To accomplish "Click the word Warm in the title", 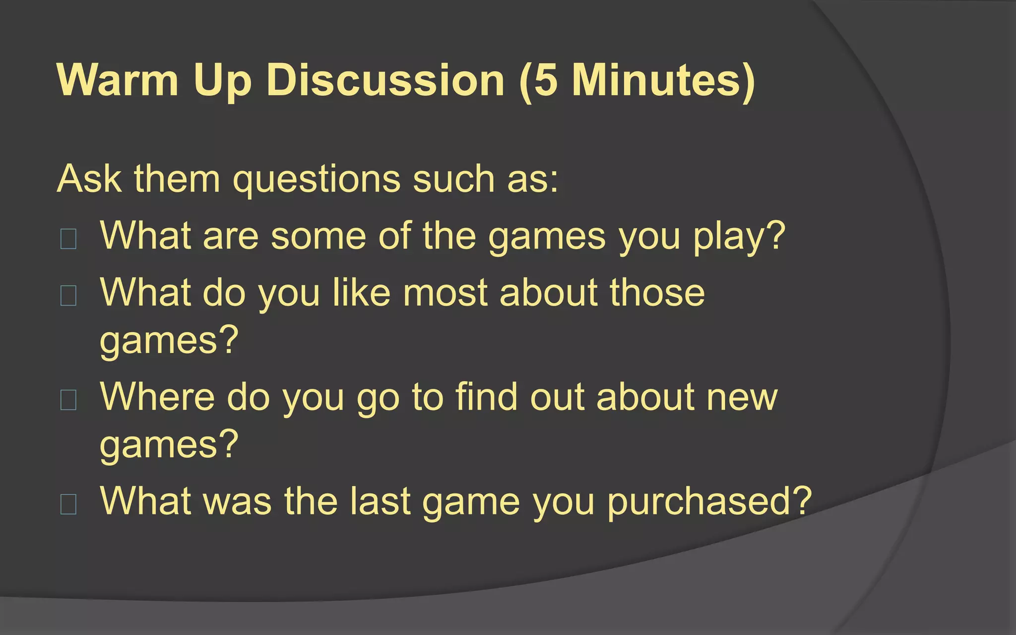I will pos(118,80).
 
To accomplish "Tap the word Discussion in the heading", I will pos(385,80).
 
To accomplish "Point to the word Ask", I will pos(89,179).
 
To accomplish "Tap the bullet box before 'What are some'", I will pos(68,239).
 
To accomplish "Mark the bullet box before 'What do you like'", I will pos(68,296).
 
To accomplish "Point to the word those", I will pos(657,293).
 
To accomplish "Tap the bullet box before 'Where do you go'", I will pos(68,400).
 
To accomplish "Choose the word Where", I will pos(157,397).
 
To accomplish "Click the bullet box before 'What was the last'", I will pos(68,504).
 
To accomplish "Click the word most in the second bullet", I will pos(445,293).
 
